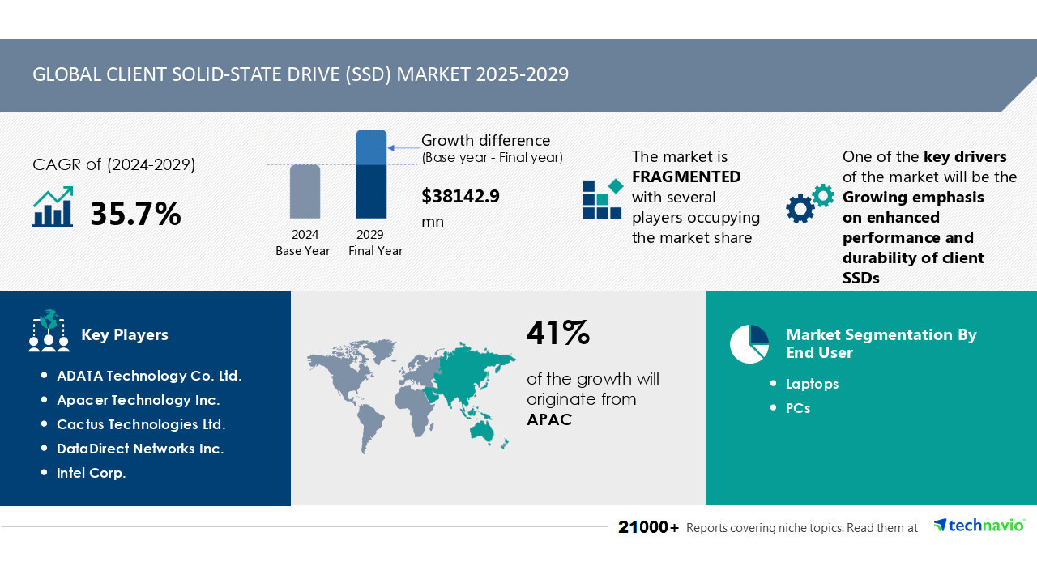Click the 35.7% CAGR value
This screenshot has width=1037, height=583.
coord(135,214)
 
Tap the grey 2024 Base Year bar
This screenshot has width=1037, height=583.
coord(305,192)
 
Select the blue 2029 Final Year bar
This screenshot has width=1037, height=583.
coord(371,174)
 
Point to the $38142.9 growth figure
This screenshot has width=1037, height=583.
coord(460,196)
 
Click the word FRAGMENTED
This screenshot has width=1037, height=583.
coord(686,177)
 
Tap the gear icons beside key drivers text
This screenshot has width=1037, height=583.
coord(809,203)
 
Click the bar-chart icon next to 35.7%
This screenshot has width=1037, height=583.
coord(53,207)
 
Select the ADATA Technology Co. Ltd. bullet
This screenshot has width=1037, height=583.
coord(149,376)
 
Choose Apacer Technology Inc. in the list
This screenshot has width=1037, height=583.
coord(138,400)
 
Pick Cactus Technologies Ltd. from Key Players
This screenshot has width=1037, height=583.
coord(141,424)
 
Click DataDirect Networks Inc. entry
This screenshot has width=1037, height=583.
coord(140,449)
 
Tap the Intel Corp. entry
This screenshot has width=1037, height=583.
coord(92,473)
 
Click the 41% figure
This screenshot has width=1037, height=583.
coord(558,333)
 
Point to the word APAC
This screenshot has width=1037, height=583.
coord(549,419)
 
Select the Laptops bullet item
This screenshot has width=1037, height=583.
coord(812,384)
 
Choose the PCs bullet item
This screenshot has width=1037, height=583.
coord(798,408)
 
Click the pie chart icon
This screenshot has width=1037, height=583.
coord(749,344)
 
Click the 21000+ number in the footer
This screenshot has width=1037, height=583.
coord(648,527)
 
